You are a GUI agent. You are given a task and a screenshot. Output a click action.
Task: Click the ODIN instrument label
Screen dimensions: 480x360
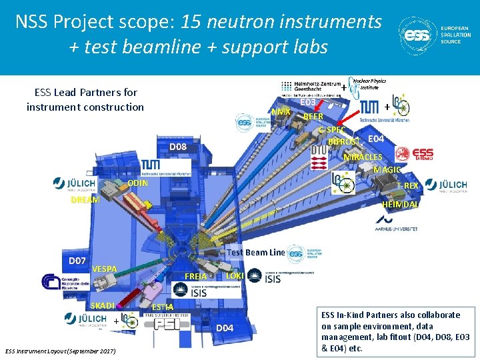click(139, 183)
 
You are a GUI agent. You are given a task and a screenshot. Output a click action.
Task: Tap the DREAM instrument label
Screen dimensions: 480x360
click(85, 199)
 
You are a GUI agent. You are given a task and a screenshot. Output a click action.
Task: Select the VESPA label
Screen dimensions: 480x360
click(105, 269)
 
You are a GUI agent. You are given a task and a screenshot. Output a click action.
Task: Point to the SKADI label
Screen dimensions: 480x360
click(104, 305)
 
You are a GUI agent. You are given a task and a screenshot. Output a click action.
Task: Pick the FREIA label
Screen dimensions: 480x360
click(196, 276)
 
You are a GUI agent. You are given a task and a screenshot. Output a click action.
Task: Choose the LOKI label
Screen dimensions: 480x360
click(235, 275)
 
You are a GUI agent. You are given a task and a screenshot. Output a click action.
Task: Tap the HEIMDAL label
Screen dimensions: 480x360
click(401, 205)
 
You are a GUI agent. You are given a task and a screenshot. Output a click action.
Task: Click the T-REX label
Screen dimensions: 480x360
click(407, 185)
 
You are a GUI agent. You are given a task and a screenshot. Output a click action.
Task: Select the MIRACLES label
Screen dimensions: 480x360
click(363, 157)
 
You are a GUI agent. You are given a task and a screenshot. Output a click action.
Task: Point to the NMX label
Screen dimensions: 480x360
click(280, 111)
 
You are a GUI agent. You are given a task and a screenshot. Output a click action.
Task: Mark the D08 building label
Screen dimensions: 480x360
click(177, 147)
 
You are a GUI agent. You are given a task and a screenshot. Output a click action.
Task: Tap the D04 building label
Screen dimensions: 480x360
click(224, 327)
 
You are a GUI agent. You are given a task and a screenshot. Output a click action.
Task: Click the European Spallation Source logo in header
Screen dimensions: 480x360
click(434, 35)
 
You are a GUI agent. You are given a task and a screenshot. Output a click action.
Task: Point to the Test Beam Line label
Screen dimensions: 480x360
click(256, 252)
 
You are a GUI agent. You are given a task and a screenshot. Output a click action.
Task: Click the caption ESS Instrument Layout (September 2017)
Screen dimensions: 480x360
click(60, 351)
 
